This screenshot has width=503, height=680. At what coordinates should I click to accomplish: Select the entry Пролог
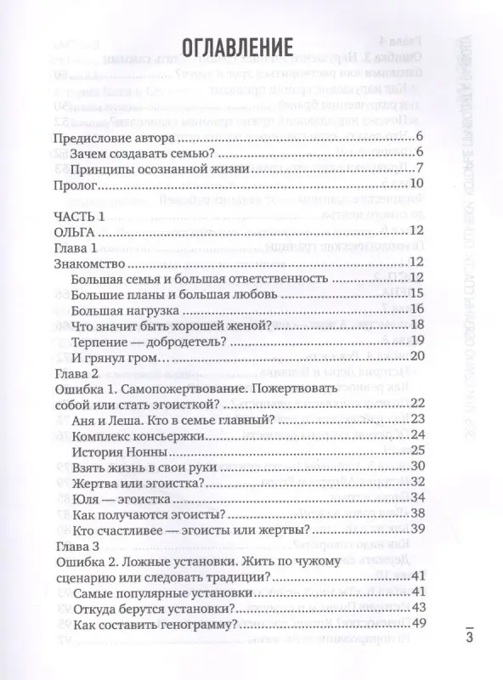point(78,183)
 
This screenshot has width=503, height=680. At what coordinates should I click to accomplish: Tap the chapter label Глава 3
point(76,547)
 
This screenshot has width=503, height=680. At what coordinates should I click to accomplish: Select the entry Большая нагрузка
point(128,309)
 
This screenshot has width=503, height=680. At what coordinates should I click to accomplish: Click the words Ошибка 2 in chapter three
point(89,562)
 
